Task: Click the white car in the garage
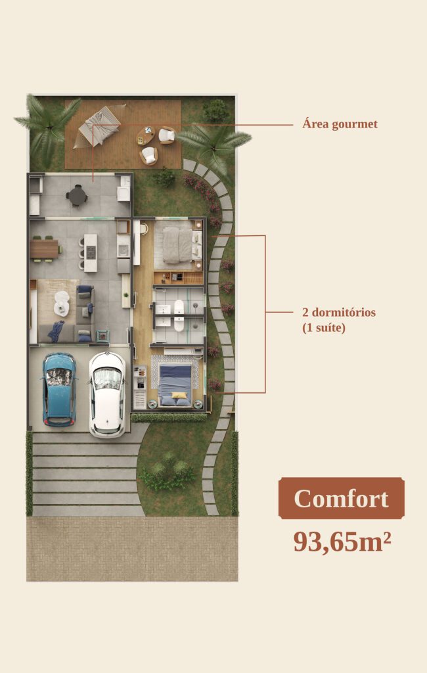(x=107, y=394)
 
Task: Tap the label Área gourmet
(x=340, y=124)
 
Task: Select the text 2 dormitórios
(x=339, y=312)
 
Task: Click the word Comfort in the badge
(x=342, y=498)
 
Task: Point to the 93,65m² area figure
(x=342, y=542)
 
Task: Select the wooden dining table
(x=44, y=249)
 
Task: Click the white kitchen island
(x=90, y=253)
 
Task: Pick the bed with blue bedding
(x=174, y=385)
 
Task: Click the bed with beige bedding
(x=177, y=245)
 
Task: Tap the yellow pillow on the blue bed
(x=180, y=395)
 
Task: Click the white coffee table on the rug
(x=61, y=302)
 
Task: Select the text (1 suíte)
(x=324, y=329)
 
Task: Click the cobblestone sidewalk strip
(x=132, y=549)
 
